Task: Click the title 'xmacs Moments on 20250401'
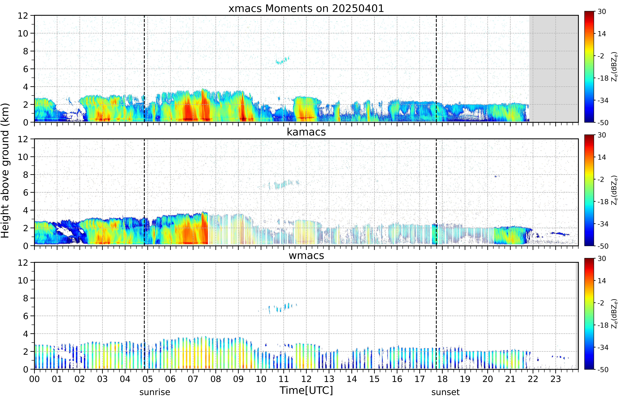(306, 9)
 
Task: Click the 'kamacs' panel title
(306, 132)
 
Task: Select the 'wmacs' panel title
(306, 255)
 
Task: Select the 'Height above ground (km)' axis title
(5, 171)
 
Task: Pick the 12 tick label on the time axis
(306, 379)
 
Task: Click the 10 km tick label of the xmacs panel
(23, 33)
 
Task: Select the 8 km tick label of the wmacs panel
(25, 298)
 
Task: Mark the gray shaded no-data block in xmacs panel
(553, 69)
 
